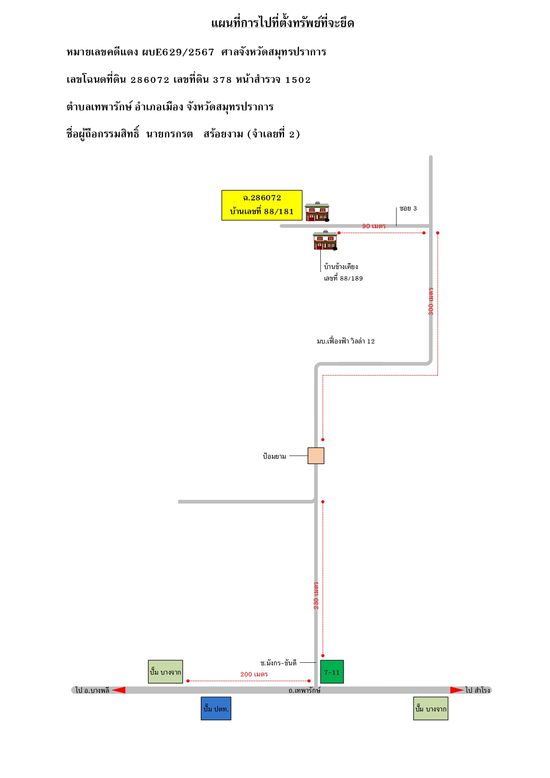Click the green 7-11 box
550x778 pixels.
click(332, 672)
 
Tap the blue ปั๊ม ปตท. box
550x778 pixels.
click(216, 708)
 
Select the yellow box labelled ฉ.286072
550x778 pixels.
click(262, 205)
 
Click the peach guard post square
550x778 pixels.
click(316, 456)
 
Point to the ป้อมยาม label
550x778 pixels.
click(274, 456)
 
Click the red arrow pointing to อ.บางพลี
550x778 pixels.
click(118, 690)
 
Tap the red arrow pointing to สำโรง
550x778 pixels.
click(457, 690)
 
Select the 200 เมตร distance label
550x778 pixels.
click(254, 674)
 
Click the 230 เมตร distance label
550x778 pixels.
click(316, 595)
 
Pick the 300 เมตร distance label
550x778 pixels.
click(431, 301)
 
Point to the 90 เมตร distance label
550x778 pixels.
click(374, 226)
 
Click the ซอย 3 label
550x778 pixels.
click(408, 208)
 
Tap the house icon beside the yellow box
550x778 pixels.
click(317, 211)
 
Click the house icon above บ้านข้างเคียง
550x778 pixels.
click(325, 240)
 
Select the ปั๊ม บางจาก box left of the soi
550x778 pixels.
click(165, 672)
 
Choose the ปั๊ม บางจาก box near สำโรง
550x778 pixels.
click(431, 708)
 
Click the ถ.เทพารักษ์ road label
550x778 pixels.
click(304, 690)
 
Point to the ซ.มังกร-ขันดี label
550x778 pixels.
click(278, 663)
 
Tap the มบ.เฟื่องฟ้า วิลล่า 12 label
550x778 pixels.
click(346, 341)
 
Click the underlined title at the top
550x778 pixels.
click(283, 23)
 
